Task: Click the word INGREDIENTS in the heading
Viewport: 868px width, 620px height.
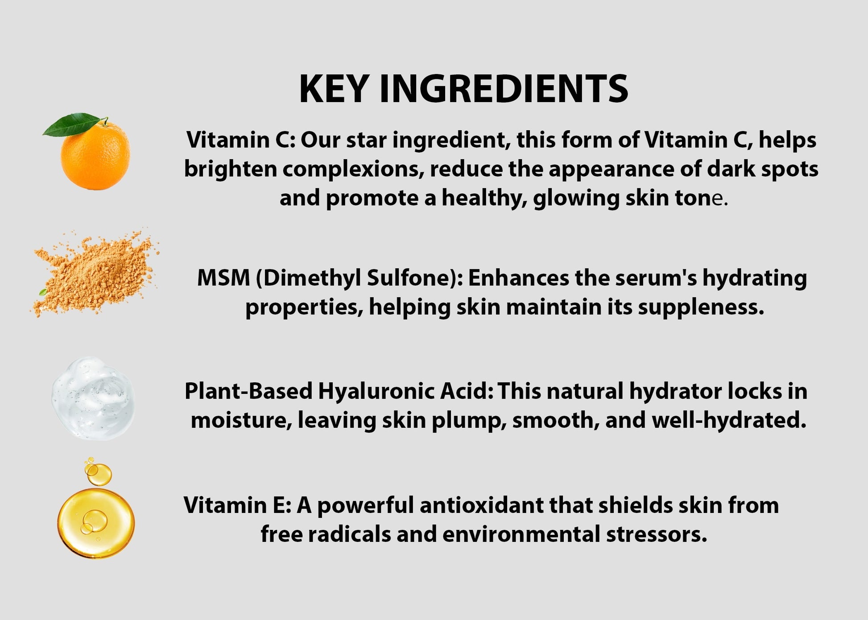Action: pyautogui.click(x=504, y=89)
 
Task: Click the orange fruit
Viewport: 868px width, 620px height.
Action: pyautogui.click(x=95, y=155)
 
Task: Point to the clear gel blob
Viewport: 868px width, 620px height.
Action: pyautogui.click(x=93, y=398)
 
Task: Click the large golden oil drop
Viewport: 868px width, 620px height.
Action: pyautogui.click(x=96, y=523)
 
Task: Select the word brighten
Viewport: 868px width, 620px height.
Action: pyautogui.click(x=231, y=170)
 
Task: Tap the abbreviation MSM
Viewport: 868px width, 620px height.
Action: pyautogui.click(x=223, y=278)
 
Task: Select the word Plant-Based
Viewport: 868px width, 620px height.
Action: pyautogui.click(x=248, y=391)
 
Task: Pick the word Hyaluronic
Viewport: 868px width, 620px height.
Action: pyautogui.click(x=376, y=392)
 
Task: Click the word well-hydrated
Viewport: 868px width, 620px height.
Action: pyautogui.click(x=729, y=421)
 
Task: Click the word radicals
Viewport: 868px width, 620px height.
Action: pyautogui.click(x=349, y=534)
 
